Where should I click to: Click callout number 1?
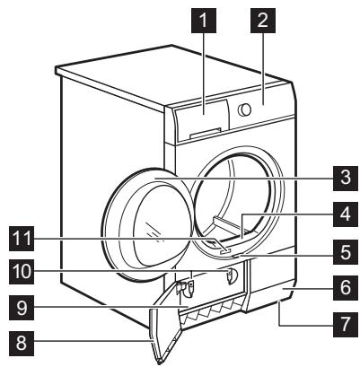[205, 22]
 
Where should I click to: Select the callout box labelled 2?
[265, 22]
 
